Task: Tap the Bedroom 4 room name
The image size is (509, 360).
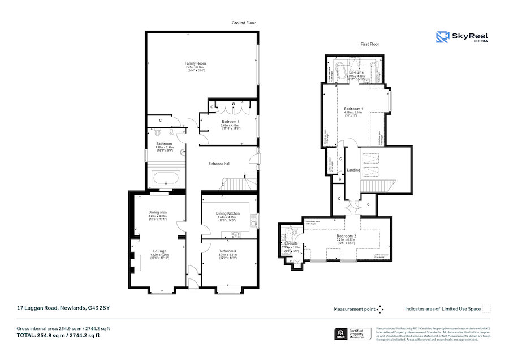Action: [230, 122]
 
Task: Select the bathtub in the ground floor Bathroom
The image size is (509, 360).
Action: [165, 180]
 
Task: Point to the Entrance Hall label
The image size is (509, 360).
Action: [219, 164]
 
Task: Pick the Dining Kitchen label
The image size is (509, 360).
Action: [228, 213]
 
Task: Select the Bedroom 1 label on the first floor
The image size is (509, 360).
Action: [354, 108]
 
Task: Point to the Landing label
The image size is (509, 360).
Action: [353, 169]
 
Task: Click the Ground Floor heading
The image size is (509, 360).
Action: [244, 23]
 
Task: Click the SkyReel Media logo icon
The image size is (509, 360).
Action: [442, 37]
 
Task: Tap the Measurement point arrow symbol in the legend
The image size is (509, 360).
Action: [380, 309]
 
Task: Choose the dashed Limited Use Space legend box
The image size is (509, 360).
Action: [486, 308]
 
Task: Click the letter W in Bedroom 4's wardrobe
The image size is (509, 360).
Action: [233, 102]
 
